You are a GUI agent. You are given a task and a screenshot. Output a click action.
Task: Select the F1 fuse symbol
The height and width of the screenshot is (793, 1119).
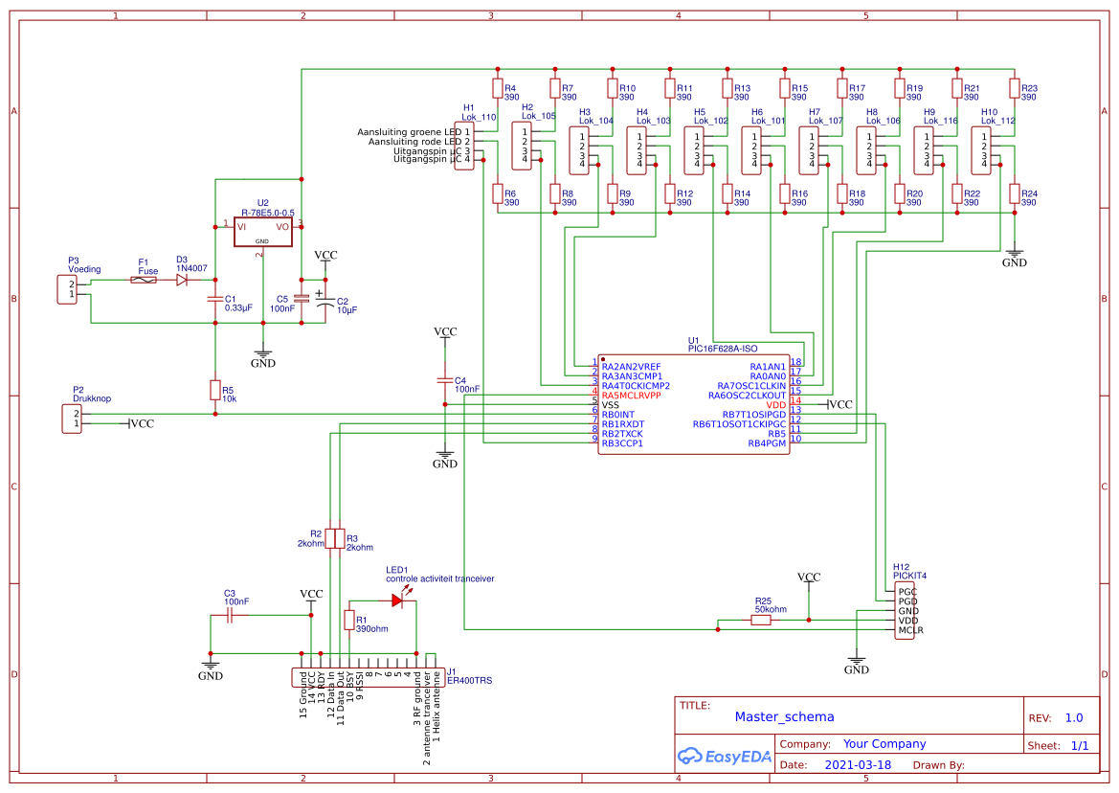pos(144,280)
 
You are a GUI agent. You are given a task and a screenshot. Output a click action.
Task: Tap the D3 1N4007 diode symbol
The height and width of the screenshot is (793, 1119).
pos(182,280)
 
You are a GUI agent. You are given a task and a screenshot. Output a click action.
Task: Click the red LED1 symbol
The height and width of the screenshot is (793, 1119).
pos(397,600)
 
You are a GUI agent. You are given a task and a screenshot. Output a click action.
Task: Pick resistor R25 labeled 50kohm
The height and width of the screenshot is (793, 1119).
pos(761,621)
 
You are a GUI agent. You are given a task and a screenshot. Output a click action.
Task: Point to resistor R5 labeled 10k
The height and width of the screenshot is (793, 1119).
pos(214,390)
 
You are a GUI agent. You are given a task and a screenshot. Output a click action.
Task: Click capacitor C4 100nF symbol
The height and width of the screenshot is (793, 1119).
pos(444,380)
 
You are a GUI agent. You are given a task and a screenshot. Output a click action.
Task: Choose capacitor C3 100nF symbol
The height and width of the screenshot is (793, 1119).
pos(230,618)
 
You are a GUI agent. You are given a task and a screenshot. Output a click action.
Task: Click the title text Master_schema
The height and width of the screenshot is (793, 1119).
pos(784,716)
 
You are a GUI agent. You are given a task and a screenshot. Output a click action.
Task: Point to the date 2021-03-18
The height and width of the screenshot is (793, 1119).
pos(858,765)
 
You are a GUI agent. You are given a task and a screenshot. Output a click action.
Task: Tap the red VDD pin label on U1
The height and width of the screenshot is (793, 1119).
pos(775,405)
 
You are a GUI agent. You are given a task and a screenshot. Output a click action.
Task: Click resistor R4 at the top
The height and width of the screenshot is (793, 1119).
pos(497,89)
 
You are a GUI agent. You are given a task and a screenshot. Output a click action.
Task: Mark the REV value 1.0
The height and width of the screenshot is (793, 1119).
pos(1074,717)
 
